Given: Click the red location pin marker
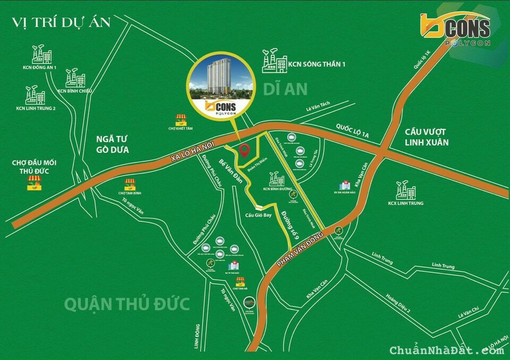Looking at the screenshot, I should (x=244, y=151).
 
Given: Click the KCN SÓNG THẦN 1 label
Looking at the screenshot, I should (x=317, y=64).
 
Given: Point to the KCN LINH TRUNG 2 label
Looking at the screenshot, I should (x=36, y=109).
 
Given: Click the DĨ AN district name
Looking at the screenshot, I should (x=285, y=89).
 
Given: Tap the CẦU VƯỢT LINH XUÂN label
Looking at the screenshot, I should (x=426, y=136).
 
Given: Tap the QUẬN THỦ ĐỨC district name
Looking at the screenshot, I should (x=127, y=304).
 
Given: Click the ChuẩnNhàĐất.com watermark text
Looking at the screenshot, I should (x=446, y=350).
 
